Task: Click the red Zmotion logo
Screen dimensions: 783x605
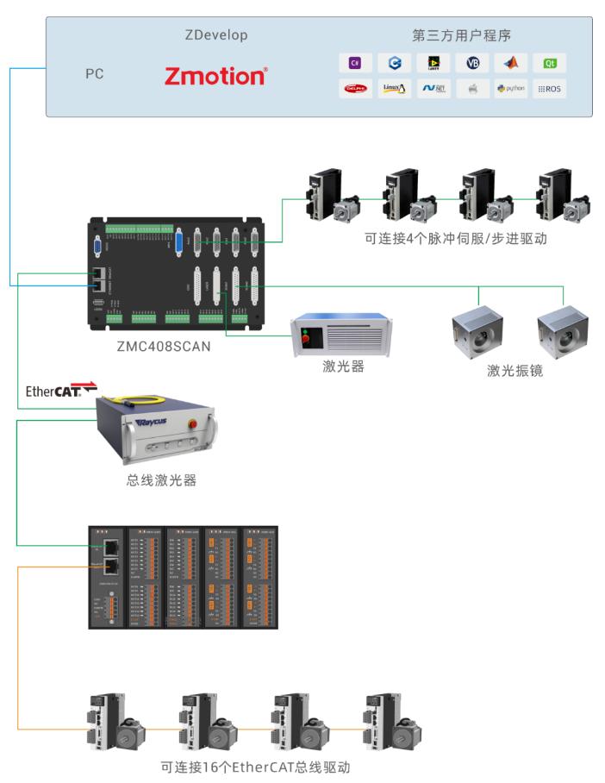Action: (215, 77)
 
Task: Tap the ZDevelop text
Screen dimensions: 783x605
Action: (216, 35)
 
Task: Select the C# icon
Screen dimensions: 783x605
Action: (354, 63)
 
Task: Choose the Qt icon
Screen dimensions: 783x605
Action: (549, 63)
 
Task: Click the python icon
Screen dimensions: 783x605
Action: (510, 88)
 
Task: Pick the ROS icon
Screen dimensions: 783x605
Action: (549, 88)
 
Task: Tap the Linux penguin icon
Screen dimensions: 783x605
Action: (393, 88)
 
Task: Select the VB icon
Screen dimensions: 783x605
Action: (471, 63)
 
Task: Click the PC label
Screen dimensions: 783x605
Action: (94, 74)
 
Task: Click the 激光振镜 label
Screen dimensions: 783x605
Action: (515, 372)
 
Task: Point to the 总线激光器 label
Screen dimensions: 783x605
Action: (161, 480)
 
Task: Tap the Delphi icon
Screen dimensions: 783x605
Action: (354, 88)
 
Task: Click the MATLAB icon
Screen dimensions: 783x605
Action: (510, 63)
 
